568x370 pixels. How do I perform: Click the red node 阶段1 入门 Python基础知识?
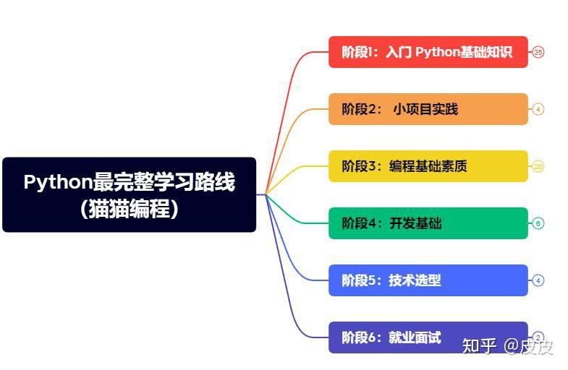click(428, 52)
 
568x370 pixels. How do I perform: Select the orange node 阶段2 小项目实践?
click(428, 109)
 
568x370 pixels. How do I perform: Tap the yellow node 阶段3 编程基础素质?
click(428, 166)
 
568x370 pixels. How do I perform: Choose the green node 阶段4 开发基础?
click(428, 223)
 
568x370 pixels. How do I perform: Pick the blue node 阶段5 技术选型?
click(428, 280)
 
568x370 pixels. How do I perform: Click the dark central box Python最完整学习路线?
click(129, 194)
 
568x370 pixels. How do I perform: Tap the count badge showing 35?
click(538, 52)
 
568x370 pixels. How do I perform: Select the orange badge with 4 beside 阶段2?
click(538, 109)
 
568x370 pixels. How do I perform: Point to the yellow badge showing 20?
click(538, 166)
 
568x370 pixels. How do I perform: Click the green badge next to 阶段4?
click(538, 223)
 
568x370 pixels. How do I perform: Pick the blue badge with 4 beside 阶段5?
click(538, 280)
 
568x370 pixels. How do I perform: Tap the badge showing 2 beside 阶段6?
click(538, 337)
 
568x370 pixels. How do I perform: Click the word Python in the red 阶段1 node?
click(438, 52)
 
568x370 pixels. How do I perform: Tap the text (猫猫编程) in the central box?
click(129, 210)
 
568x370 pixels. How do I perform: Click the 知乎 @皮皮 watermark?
click(508, 346)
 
